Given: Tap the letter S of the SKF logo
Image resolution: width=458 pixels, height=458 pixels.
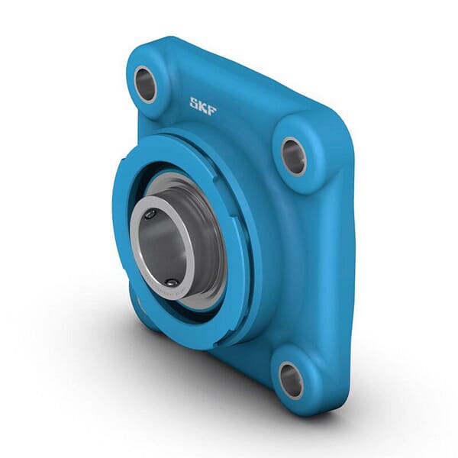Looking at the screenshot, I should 194,102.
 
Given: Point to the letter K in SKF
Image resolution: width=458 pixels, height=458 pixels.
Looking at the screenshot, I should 202,106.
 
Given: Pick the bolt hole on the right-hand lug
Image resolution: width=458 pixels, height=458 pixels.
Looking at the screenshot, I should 293,156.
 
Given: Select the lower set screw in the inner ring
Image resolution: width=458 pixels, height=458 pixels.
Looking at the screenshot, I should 171,282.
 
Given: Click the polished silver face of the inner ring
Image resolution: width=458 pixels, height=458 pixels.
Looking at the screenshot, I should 137,252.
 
